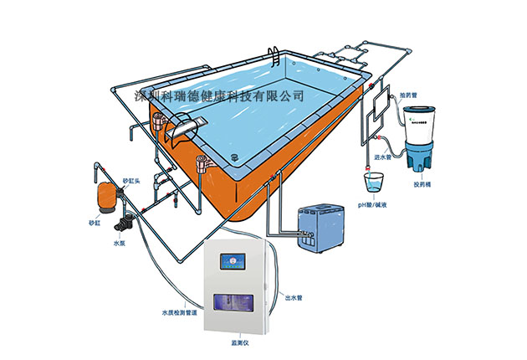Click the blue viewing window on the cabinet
(x=235, y=302)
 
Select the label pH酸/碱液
(x=373, y=205)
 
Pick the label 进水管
(x=384, y=157)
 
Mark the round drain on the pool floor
(x=234, y=158)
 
